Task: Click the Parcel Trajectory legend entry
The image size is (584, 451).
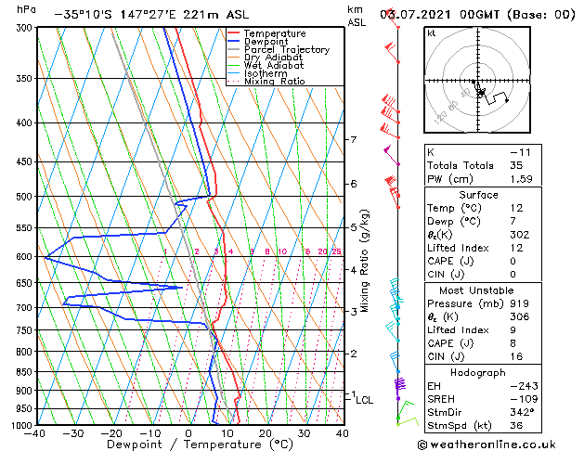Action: [286, 49]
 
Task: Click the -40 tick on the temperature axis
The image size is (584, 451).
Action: [35, 433]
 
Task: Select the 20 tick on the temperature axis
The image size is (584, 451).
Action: [266, 433]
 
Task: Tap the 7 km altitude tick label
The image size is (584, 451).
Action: [353, 140]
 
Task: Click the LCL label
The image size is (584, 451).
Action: [365, 400]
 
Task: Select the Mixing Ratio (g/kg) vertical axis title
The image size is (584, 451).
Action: [365, 260]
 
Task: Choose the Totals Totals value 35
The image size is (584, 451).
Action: [517, 165]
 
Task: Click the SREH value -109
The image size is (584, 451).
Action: [522, 398]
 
